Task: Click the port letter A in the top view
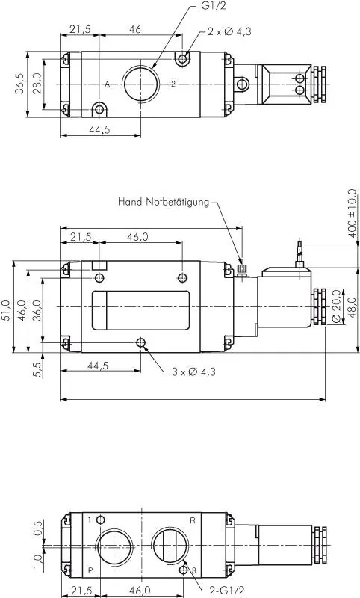click(107, 84)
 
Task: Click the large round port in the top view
click(140, 83)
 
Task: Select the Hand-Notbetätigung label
click(164, 202)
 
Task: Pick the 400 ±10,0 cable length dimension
click(352, 214)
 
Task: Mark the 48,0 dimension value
click(352, 307)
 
